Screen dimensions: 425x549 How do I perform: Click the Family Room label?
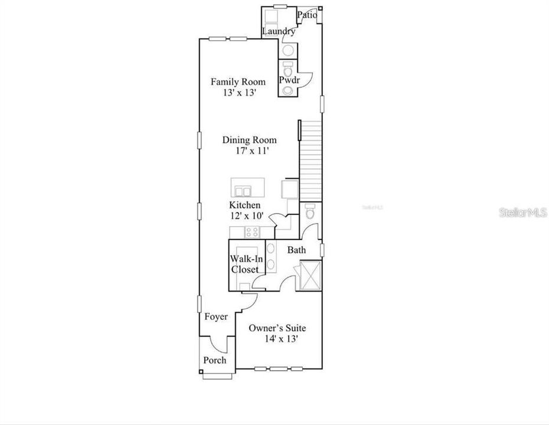[238, 81]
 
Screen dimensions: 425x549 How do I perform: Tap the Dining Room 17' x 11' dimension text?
[249, 151]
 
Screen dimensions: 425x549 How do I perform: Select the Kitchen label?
[245, 205]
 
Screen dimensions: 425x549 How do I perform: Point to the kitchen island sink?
[243, 190]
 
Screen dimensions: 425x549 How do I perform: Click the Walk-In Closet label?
[244, 264]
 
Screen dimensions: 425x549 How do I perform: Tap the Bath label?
[296, 250]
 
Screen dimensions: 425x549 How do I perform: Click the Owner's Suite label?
[276, 328]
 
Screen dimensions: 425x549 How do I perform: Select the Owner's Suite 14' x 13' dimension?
[280, 339]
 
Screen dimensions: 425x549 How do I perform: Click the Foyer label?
[216, 317]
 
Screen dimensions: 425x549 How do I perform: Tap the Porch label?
[214, 360]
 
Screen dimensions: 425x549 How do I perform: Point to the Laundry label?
[279, 31]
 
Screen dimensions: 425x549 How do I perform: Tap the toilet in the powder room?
[288, 67]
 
